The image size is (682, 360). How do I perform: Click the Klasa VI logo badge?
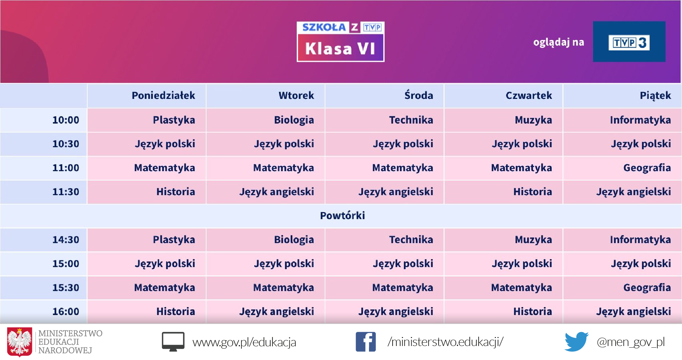(340, 42)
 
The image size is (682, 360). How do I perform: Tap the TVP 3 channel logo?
(629, 42)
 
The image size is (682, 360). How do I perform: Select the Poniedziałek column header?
(163, 96)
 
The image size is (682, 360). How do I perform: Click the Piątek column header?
(655, 96)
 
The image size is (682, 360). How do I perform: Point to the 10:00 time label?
(66, 120)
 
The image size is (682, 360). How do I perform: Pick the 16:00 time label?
(66, 311)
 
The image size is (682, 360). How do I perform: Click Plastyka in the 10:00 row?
(174, 120)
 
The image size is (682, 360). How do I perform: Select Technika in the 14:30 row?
(411, 239)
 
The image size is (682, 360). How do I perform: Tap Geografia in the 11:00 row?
(647, 168)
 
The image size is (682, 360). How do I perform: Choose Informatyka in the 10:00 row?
(640, 120)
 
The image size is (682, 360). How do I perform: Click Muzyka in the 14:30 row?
(533, 239)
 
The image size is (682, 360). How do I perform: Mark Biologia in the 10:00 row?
(294, 120)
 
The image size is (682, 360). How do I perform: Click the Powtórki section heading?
(342, 215)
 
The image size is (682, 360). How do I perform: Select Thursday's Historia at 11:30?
(532, 191)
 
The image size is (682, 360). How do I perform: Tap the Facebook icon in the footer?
(366, 342)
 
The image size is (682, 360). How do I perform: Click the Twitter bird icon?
(576, 342)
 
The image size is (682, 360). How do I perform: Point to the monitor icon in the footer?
(173, 342)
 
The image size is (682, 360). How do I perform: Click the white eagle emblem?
(20, 342)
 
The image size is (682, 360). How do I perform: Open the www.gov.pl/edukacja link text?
(244, 342)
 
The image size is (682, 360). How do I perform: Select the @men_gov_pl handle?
(631, 342)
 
